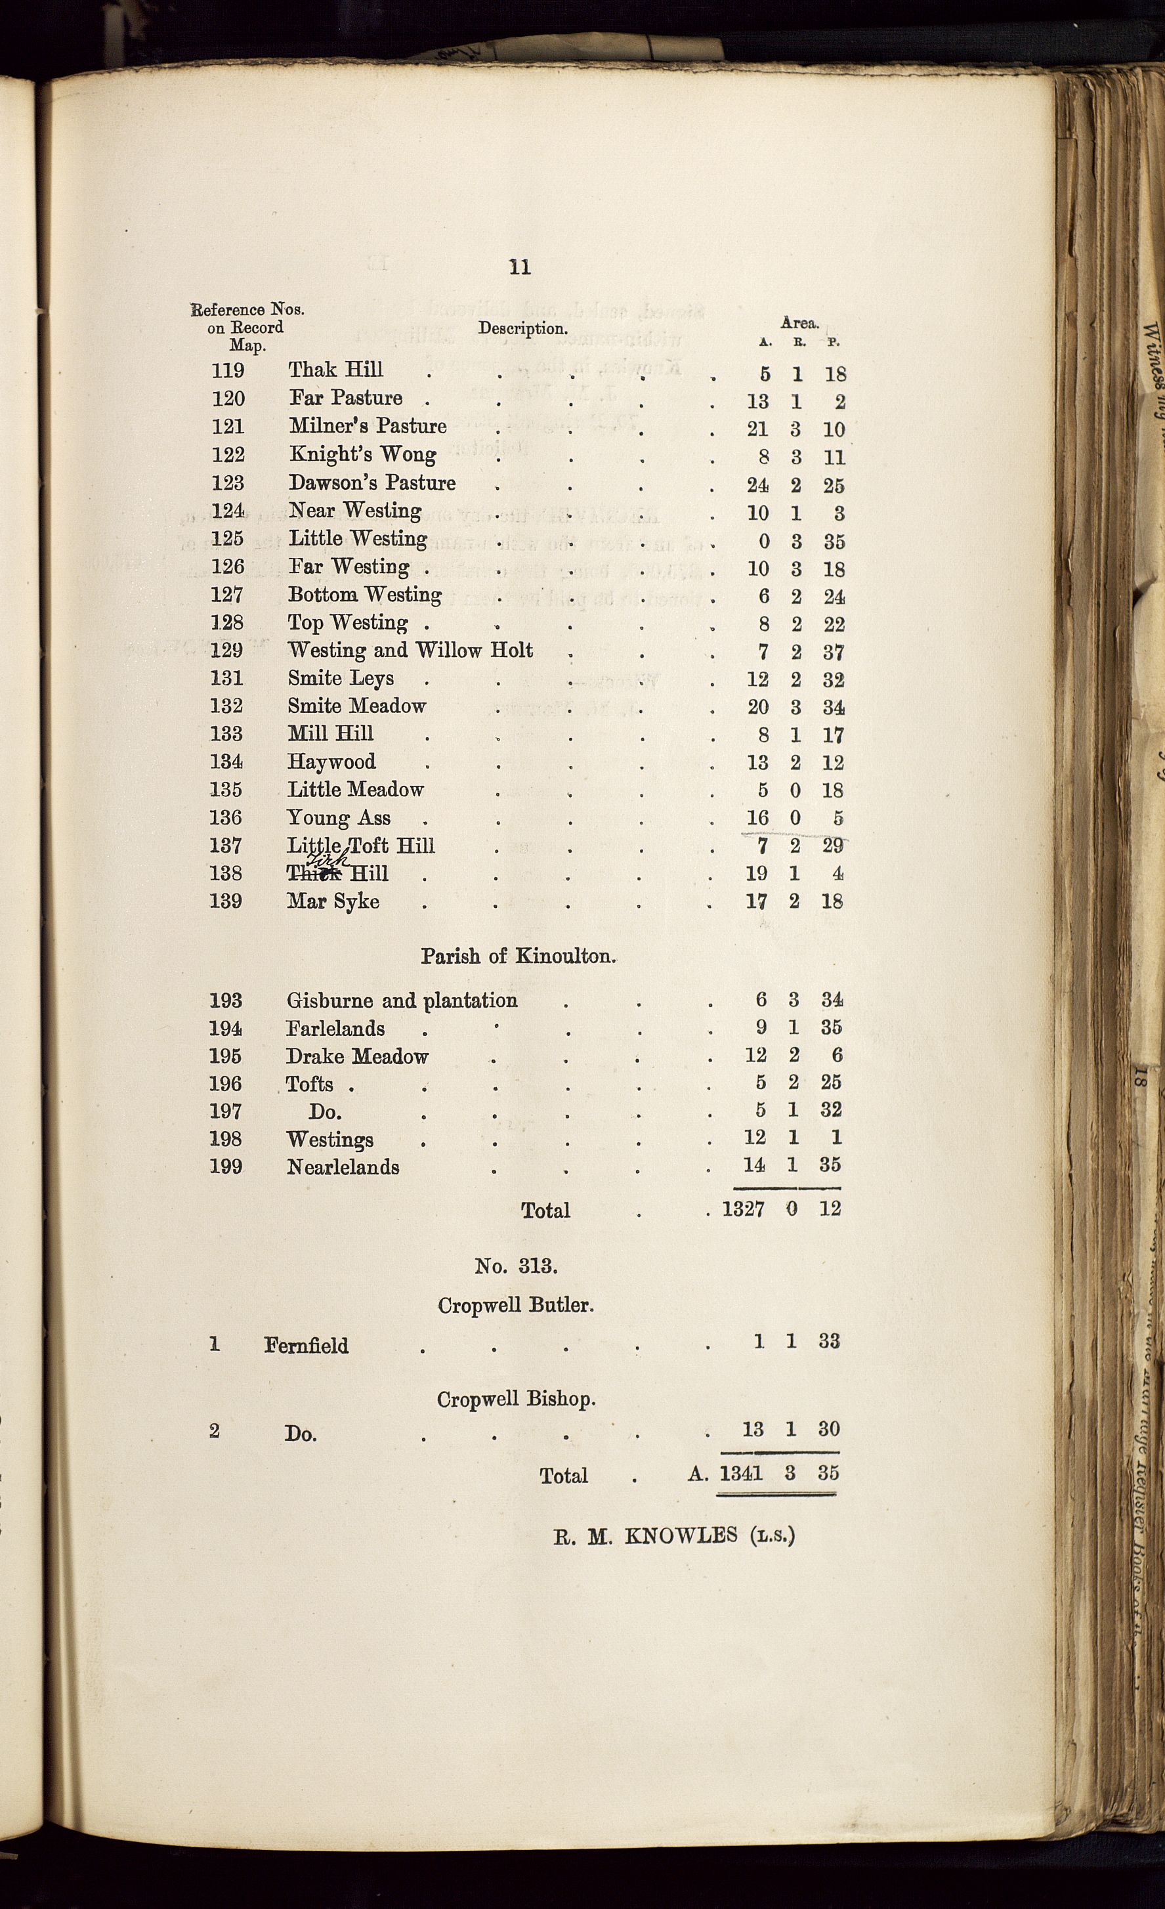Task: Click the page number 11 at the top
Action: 520,267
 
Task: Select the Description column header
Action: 523,328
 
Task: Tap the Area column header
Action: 799,323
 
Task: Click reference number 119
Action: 228,371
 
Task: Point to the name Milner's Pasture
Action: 368,426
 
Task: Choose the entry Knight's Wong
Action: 362,455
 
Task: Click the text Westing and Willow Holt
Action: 410,650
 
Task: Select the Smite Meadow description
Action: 356,706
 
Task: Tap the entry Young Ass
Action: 339,818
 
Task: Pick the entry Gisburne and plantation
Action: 402,1001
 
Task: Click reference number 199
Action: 225,1167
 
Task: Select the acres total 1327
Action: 743,1209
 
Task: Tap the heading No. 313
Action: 516,1266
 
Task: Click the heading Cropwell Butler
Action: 516,1306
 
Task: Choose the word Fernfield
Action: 306,1346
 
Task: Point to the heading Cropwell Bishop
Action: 516,1399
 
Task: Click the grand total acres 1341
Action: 741,1473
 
